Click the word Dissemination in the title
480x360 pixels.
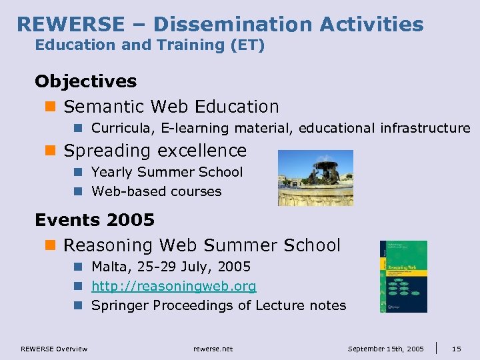233,25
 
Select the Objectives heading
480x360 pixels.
85,81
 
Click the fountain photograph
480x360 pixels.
315,177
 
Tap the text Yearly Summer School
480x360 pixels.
167,172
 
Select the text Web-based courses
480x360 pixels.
156,191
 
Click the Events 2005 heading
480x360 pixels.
95,219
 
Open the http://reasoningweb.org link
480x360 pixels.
173,286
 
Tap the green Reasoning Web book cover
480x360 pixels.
403,276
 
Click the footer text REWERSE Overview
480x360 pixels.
54,349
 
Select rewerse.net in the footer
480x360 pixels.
213,349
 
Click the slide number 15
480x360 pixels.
456,349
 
